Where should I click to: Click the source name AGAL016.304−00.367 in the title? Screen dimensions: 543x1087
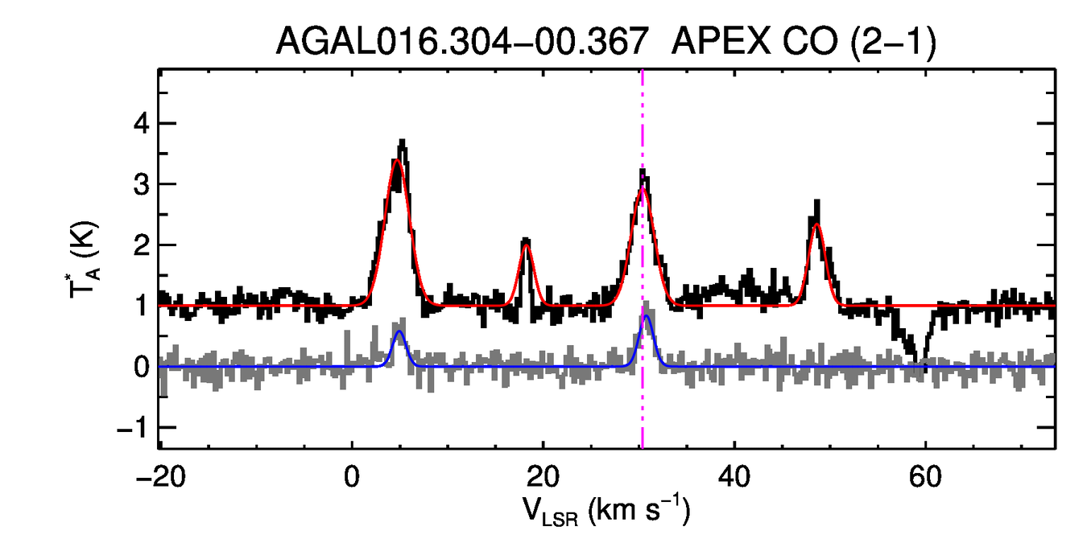tap(462, 41)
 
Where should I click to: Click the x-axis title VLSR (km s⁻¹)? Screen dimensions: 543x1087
tap(606, 510)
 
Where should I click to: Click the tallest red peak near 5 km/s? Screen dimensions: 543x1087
tap(397, 161)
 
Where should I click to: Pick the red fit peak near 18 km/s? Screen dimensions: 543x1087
tap(527, 245)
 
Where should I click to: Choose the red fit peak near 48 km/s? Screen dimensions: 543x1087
tap(816, 224)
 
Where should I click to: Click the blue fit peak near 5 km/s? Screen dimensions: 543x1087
tap(399, 331)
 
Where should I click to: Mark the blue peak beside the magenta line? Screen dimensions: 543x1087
tap(647, 316)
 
